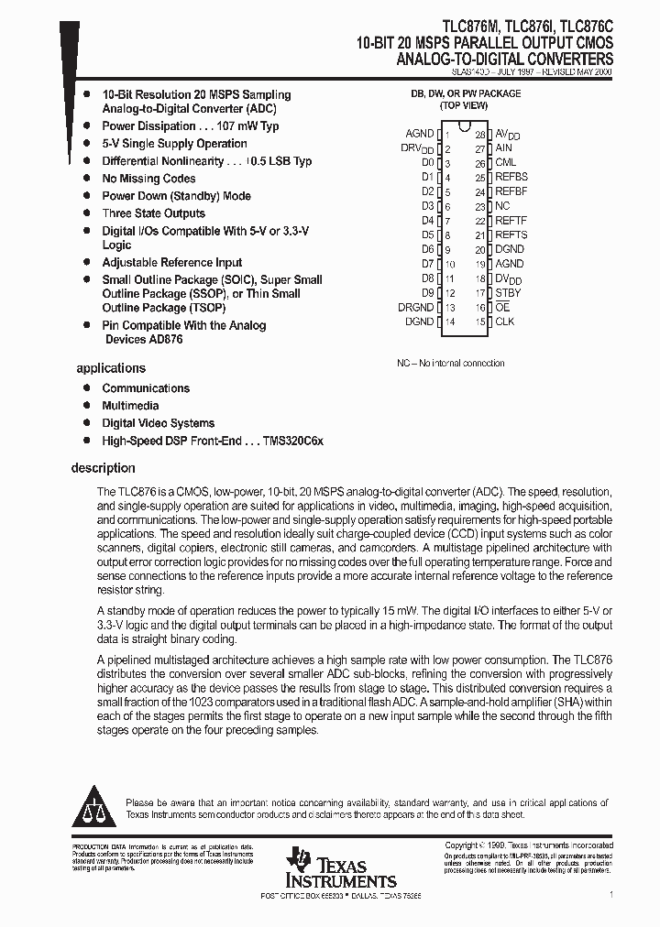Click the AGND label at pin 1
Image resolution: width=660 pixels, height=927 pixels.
[419, 134]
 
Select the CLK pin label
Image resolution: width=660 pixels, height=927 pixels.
[504, 322]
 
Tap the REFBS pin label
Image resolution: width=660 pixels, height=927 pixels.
[511, 177]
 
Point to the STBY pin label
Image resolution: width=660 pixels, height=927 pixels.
[508, 293]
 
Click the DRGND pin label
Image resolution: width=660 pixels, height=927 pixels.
[415, 308]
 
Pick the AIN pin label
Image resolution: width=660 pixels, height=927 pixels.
[503, 148]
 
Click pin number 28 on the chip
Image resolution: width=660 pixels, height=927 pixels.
[479, 135]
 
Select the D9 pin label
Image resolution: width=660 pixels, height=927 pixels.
[427, 293]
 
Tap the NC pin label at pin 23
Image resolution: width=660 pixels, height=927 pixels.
[502, 206]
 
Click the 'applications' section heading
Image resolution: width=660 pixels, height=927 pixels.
[110, 368]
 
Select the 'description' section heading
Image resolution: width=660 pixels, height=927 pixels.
[103, 468]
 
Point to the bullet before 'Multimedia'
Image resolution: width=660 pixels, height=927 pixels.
[86, 405]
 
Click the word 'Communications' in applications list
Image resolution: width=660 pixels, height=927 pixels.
[146, 388]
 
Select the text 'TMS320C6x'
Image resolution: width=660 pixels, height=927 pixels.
[292, 441]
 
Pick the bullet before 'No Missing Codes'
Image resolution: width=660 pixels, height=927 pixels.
[86, 178]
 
